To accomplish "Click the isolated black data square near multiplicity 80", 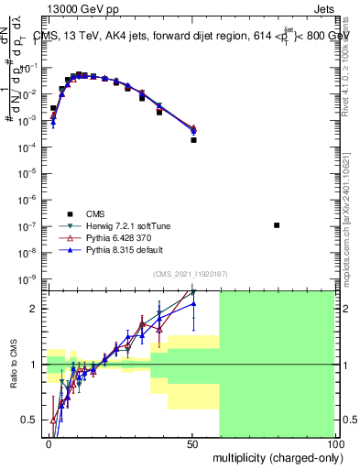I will click(x=277, y=225).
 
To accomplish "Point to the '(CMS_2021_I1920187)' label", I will click(x=191, y=273).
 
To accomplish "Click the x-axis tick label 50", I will click(x=191, y=442).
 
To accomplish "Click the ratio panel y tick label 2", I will click(x=36, y=309).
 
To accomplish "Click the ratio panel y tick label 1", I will click(x=36, y=365).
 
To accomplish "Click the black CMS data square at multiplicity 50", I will click(x=193, y=140).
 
